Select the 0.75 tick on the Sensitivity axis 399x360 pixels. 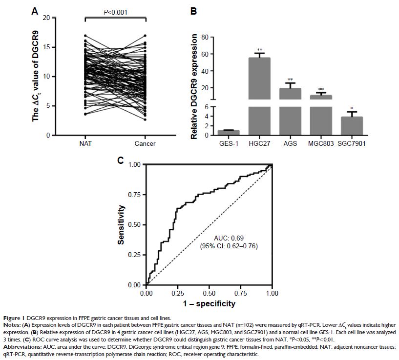click(x=134, y=195)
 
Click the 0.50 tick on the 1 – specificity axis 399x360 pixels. click(x=209, y=294)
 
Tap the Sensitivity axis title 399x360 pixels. click(x=122, y=224)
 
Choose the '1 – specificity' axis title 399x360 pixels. click(x=209, y=304)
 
